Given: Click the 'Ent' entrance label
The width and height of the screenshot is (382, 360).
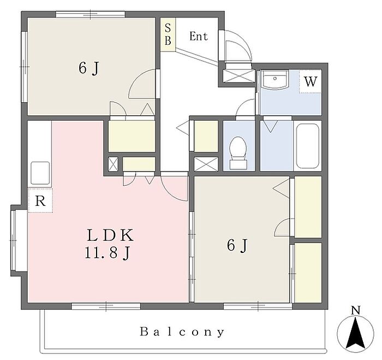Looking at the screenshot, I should (199, 37).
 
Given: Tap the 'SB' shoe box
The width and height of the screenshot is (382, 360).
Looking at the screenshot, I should (168, 34).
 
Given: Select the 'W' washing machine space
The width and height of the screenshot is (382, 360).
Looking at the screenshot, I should (310, 82).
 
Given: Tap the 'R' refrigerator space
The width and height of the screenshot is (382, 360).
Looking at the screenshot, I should (40, 200).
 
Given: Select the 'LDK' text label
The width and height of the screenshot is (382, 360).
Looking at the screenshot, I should (110, 236).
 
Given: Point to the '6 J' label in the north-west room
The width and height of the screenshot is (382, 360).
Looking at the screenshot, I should (88, 68).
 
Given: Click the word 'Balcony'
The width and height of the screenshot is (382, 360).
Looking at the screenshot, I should (182, 332).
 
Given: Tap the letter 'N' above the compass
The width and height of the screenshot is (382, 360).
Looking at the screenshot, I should (356, 311).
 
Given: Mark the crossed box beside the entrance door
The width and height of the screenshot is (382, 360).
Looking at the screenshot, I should (239, 73).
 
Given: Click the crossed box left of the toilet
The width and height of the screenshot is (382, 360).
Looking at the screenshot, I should (206, 163).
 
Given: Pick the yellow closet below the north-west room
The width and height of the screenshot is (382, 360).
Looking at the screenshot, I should (132, 136).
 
